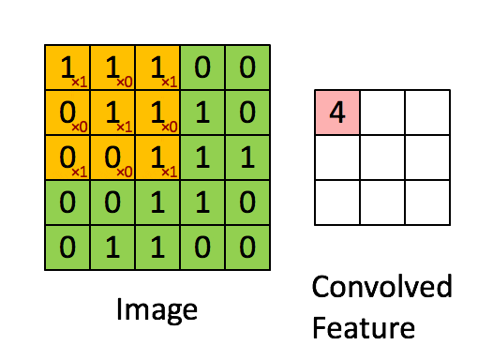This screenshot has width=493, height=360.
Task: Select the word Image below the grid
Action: (157, 308)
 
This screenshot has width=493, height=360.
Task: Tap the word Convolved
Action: (381, 286)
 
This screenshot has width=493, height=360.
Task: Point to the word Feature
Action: (365, 328)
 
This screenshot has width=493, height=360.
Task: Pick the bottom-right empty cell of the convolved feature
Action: (427, 202)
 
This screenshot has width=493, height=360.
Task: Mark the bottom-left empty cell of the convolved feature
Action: (337, 202)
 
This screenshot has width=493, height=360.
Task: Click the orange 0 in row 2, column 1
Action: (65, 112)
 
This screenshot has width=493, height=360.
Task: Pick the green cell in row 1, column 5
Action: (247, 67)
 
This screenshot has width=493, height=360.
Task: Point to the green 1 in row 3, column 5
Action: (247, 157)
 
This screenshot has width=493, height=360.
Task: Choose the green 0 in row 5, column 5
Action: (247, 247)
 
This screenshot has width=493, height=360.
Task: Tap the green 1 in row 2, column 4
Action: (202, 112)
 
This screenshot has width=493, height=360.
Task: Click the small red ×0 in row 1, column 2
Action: (124, 82)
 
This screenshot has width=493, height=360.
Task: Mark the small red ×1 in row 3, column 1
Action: (79, 172)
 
